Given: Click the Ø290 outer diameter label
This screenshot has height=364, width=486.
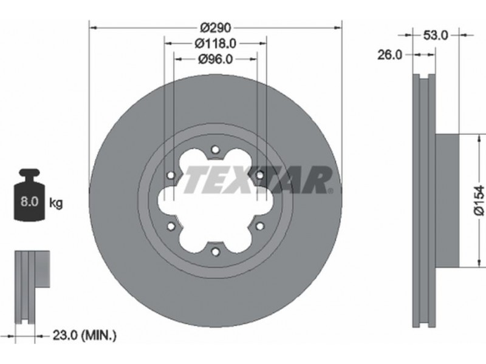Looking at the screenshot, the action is [x=216, y=28].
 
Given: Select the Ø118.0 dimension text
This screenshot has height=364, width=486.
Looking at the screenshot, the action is [x=216, y=43].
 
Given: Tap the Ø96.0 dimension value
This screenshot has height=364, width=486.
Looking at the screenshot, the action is [x=216, y=59].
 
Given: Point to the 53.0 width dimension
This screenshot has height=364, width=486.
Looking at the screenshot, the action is [x=436, y=36].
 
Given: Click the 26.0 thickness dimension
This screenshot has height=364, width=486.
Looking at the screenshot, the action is [x=389, y=55].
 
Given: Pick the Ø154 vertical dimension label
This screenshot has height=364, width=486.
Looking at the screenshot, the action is [x=479, y=200].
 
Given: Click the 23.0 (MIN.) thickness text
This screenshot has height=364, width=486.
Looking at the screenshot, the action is [x=84, y=335].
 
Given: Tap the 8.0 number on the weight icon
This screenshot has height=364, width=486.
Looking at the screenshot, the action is [x=29, y=201].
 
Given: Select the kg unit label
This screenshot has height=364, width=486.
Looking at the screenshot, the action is [x=56, y=203].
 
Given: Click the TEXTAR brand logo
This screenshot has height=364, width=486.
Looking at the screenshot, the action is [x=257, y=180].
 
